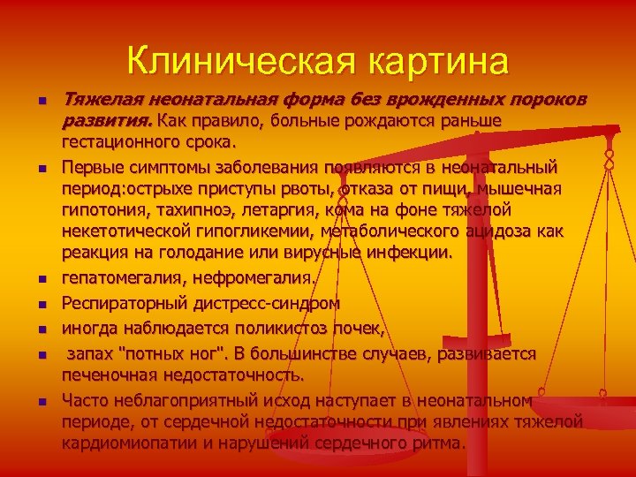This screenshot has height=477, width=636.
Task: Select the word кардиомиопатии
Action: pyautogui.click(x=129, y=443)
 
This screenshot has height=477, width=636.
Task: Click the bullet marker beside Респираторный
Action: pyautogui.click(x=41, y=306)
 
